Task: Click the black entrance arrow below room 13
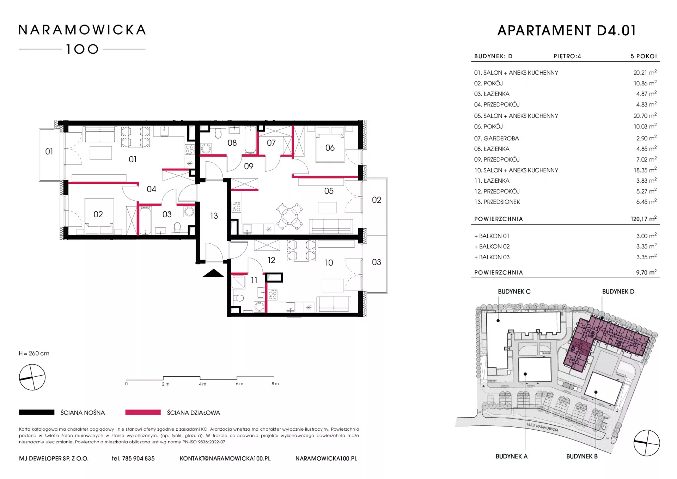coord(213,273)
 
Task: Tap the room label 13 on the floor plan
coord(214,216)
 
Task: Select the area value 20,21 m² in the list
coord(645,72)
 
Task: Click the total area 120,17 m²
coord(644,219)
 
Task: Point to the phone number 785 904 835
coord(138,459)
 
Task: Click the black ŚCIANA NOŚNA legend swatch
coord(37,412)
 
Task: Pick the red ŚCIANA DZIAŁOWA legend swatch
coord(143,412)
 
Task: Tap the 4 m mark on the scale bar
coord(202,384)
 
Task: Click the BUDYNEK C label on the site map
coord(514,292)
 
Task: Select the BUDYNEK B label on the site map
coord(582,456)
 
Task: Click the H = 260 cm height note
coord(34,353)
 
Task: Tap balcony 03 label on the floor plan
coord(376,262)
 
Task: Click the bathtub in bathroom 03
coord(145,220)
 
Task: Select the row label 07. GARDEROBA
coord(496,138)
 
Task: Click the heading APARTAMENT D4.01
coord(567,31)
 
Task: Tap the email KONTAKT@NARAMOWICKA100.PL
coord(225,459)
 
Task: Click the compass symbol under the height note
coord(32,377)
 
